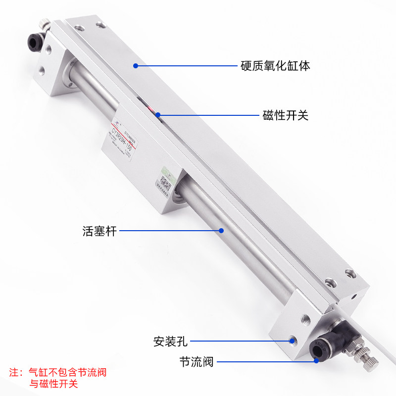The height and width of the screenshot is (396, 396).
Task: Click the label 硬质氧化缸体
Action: (x=275, y=65)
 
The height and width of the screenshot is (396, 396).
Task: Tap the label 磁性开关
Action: (x=285, y=116)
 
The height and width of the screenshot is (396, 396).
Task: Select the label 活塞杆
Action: (x=99, y=231)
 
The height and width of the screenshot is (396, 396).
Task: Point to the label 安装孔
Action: (x=170, y=341)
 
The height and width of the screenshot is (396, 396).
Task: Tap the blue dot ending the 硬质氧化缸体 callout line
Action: (x=135, y=65)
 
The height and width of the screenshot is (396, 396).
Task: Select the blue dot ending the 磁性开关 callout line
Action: (x=158, y=115)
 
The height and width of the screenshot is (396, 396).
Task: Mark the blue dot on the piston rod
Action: (x=222, y=230)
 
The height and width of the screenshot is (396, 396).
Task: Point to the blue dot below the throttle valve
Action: (x=316, y=362)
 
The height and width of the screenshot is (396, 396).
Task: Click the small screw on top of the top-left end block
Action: (x=46, y=23)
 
